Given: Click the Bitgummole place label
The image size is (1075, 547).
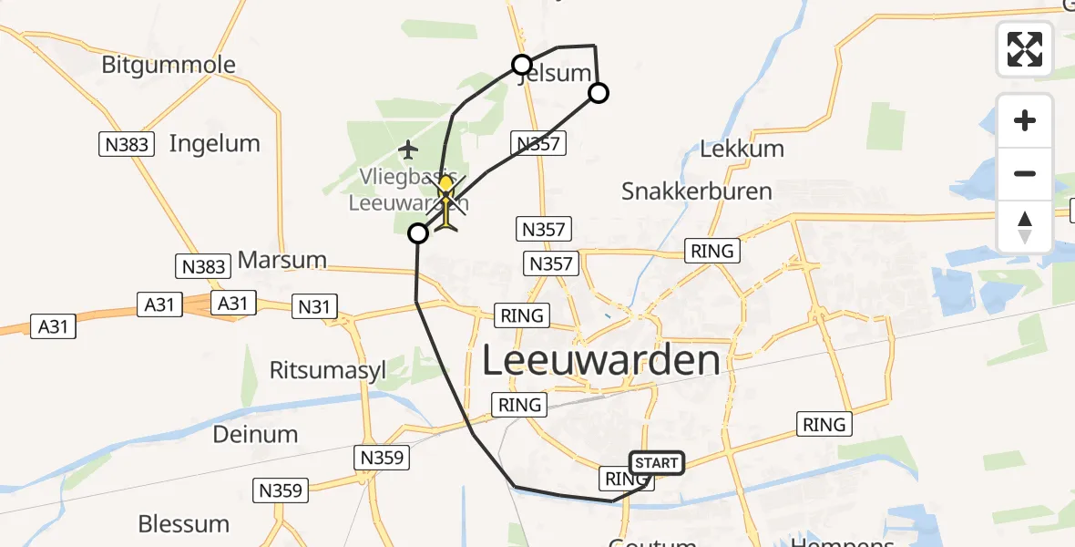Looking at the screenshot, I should (x=169, y=65).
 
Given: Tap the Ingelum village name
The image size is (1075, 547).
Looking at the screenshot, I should (x=214, y=143).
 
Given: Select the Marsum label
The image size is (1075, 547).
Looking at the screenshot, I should (x=282, y=260).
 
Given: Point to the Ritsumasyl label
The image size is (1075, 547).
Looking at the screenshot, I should (x=328, y=369).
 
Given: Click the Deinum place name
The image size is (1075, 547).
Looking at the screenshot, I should (x=255, y=434).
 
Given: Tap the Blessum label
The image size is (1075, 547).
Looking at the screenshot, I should (x=183, y=523).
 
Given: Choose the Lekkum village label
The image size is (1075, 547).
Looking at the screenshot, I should (x=742, y=149).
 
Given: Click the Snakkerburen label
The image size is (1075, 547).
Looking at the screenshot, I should (x=696, y=191).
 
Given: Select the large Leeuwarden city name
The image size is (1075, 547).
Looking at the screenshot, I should (x=600, y=360).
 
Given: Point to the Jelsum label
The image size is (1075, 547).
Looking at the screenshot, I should (x=554, y=74).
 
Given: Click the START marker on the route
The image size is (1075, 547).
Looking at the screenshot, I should (x=656, y=463).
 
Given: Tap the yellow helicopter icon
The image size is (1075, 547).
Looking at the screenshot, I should (x=446, y=202).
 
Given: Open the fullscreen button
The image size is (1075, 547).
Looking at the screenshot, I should (x=1025, y=49).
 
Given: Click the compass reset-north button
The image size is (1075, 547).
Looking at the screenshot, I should (x=1025, y=227).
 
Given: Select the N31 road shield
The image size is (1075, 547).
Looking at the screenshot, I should (x=314, y=306).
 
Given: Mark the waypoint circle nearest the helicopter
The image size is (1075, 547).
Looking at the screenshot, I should (x=418, y=234).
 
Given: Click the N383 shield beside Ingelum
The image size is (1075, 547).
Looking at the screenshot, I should (x=127, y=143).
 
